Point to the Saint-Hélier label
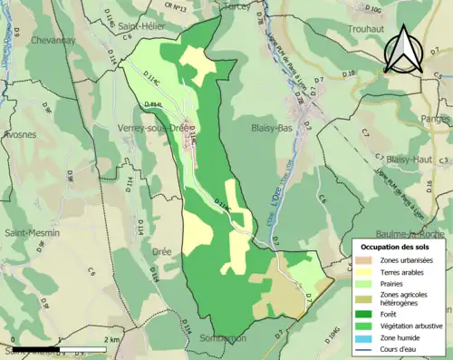pos(140,27)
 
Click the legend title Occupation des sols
pos(395,246)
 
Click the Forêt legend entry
pos(390,313)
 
